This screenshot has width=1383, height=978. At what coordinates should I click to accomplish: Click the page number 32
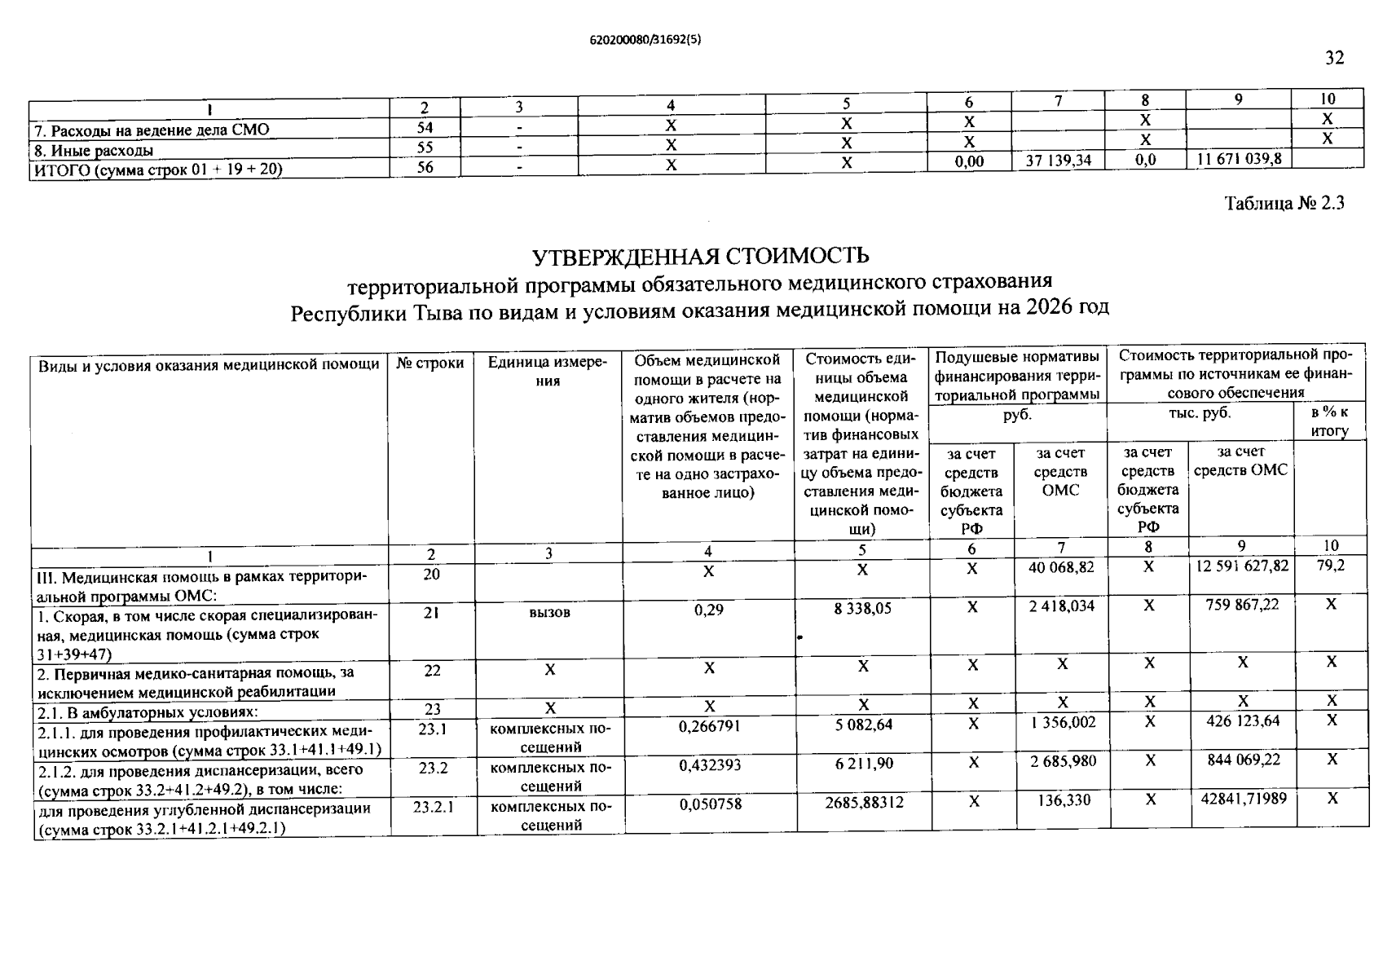point(1334,58)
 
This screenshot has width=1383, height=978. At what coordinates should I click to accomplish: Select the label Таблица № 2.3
point(1284,204)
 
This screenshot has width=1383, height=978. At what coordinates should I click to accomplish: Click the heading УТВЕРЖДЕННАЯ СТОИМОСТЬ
point(700,256)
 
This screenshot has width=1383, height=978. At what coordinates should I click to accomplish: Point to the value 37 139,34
point(1058,161)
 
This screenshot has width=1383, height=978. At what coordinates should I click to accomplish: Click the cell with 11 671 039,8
point(1238,159)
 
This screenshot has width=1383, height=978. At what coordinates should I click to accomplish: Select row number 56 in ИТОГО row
point(425,167)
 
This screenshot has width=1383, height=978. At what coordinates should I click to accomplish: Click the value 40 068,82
point(1061,566)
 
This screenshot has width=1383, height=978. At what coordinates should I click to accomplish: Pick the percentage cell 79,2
point(1330,565)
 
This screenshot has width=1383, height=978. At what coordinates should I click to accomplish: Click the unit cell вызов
point(548,612)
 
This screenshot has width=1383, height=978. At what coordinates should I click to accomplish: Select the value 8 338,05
point(862,608)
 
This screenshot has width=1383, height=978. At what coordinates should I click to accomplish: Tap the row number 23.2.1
point(433,807)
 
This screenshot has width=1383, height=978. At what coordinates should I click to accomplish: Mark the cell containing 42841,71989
point(1244,799)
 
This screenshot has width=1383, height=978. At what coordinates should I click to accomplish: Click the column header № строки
point(430,363)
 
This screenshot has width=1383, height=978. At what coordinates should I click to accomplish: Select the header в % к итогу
point(1330,421)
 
